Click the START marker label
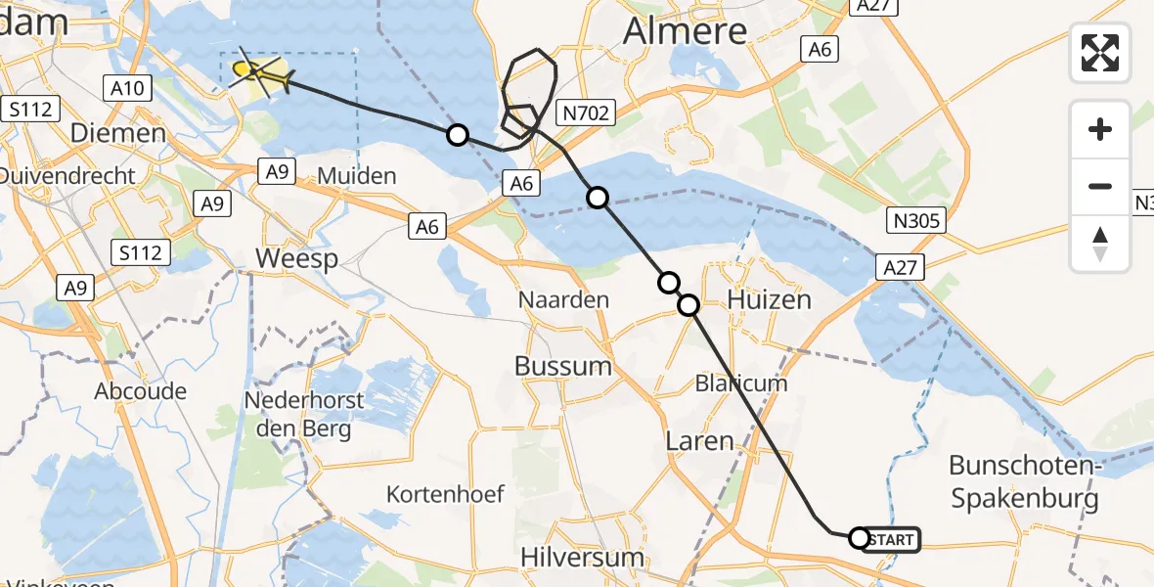point(891,539)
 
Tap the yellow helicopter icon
point(258,72)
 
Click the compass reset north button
point(1100,244)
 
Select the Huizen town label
point(770,299)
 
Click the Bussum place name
point(563,366)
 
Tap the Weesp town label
point(296,259)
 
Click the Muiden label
point(358,177)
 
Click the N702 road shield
point(586,113)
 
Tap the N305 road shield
point(916,221)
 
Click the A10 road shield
point(127,89)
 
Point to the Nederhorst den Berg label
point(304,415)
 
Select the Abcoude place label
point(141,391)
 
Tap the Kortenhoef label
point(445,494)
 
